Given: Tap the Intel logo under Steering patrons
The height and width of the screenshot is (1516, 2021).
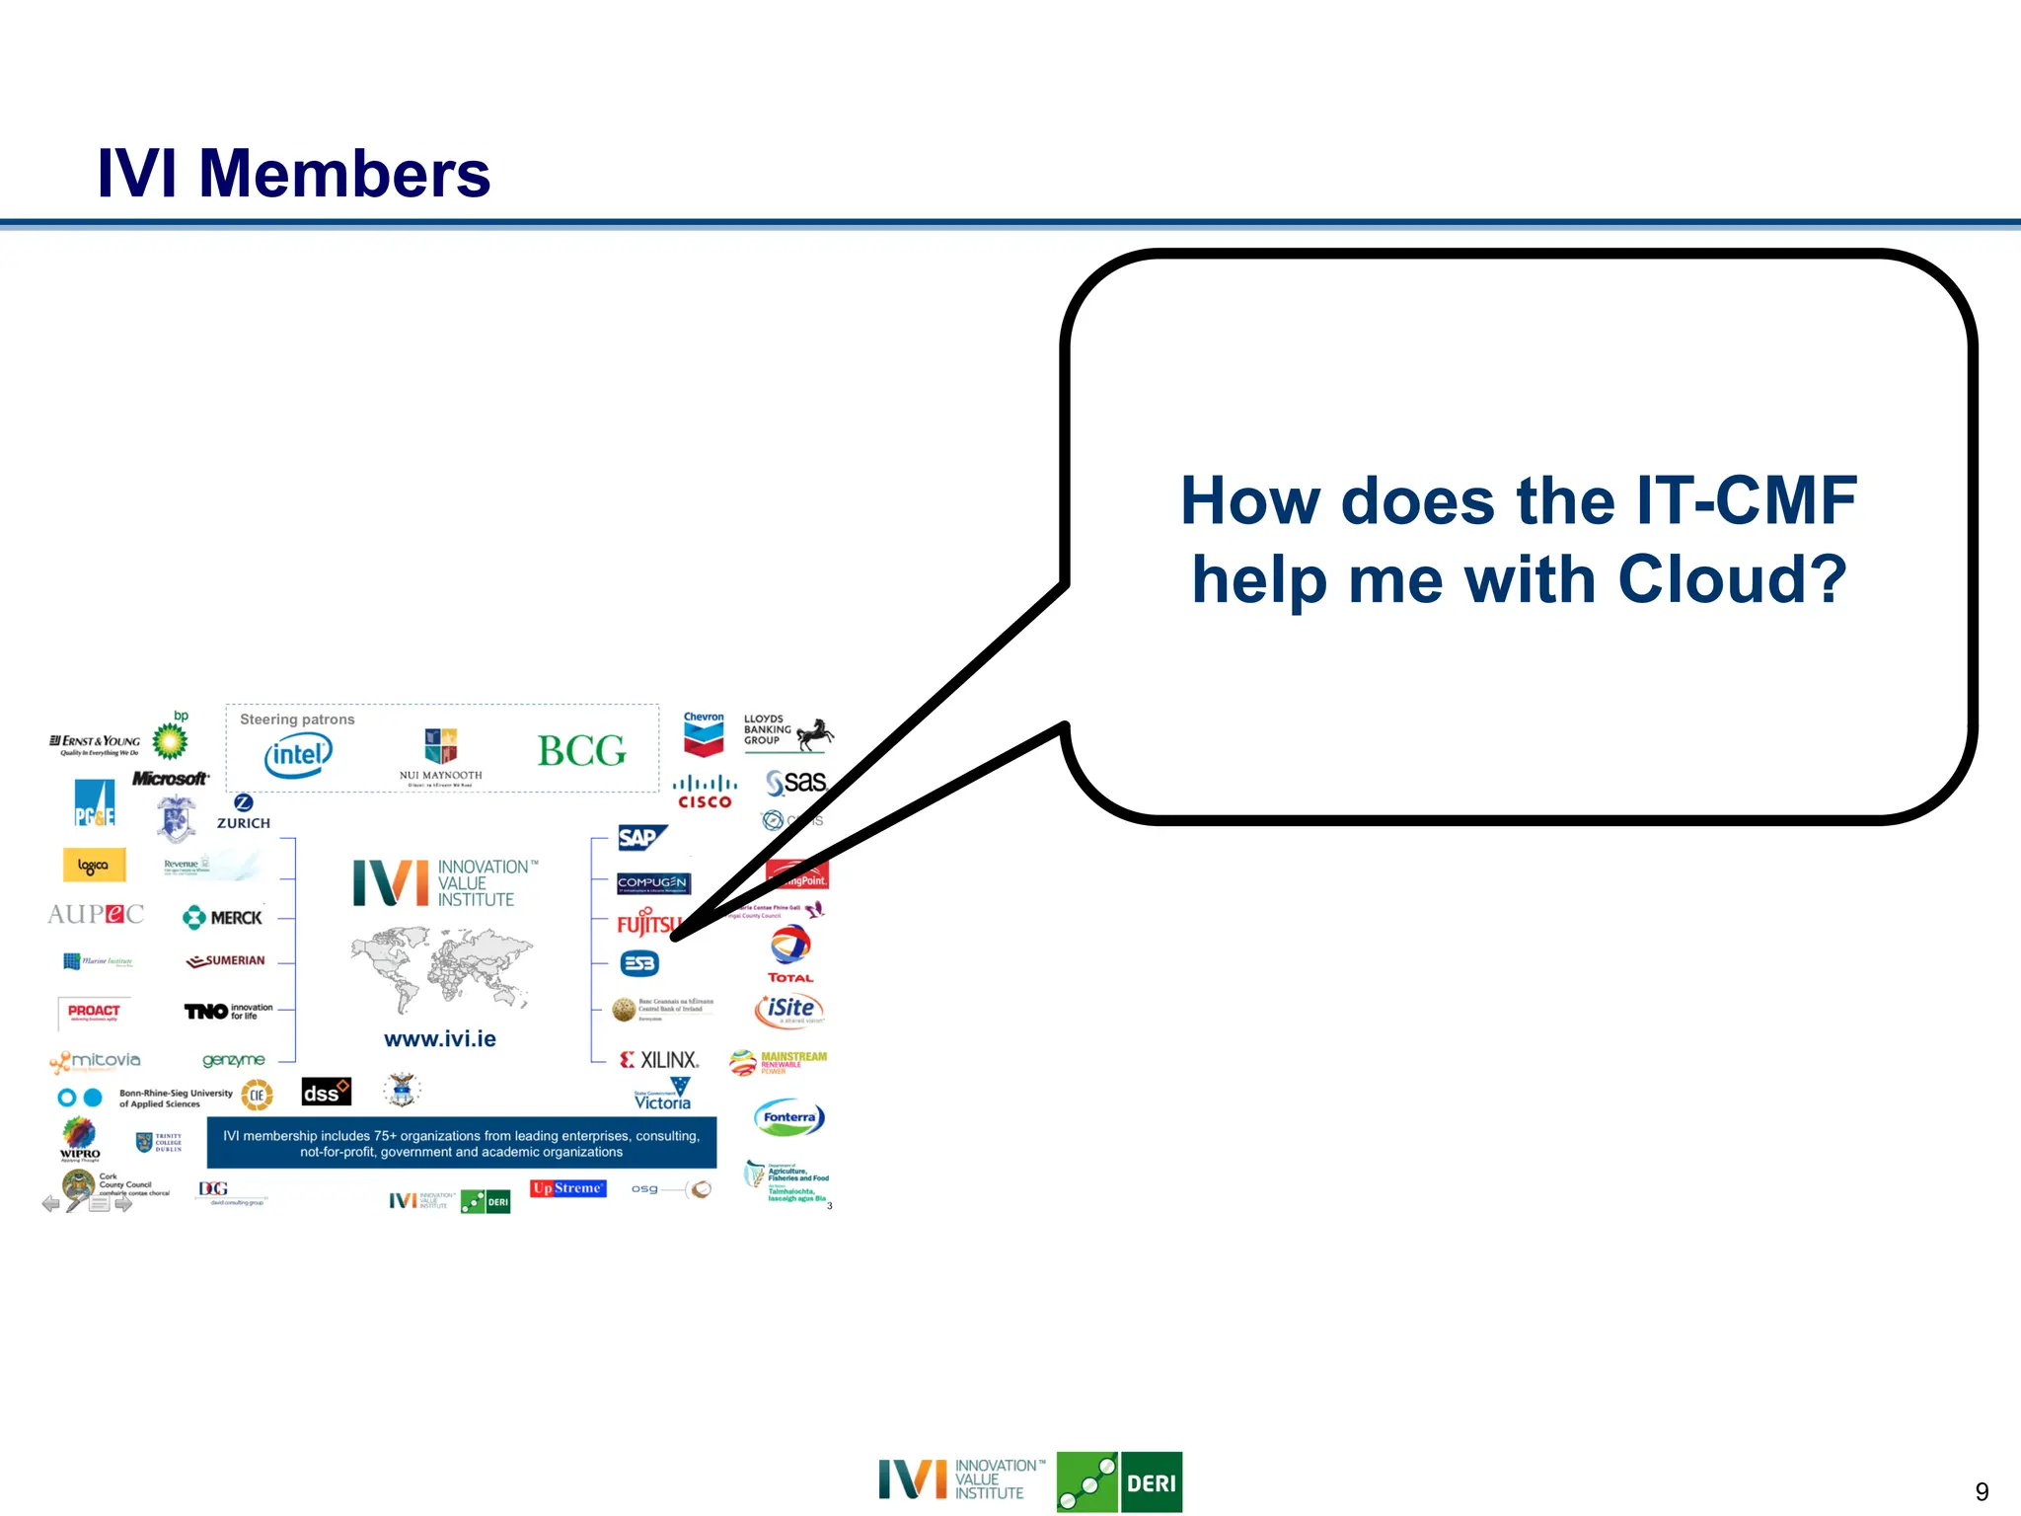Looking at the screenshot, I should point(298,756).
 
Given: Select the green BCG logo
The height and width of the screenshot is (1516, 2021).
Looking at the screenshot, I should point(581,752).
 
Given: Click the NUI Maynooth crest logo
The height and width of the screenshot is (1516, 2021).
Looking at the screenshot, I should point(440,749).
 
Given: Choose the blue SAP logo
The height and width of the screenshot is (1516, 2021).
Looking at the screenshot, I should point(640,838).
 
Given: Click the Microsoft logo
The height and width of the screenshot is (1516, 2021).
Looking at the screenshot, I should point(170,779).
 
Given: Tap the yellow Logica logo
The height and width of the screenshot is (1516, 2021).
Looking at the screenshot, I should point(94,866).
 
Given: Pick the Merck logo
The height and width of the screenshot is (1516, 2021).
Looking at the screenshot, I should point(223,918).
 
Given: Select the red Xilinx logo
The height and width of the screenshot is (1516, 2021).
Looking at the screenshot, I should point(659,1060).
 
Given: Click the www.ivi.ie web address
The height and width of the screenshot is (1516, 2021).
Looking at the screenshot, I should point(440,1038).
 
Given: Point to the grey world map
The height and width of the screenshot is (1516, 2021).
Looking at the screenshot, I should point(440,967).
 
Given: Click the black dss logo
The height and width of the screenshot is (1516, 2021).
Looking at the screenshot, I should point(326,1093).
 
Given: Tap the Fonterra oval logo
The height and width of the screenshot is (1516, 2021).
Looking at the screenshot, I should point(788,1118).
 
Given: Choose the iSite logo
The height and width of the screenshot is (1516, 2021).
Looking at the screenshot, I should point(789,1009).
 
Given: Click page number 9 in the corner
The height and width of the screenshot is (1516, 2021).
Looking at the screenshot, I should point(1982,1491).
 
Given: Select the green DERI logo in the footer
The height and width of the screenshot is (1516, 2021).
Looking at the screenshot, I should point(1120,1482).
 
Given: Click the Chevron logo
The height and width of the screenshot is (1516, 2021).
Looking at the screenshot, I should point(704,734).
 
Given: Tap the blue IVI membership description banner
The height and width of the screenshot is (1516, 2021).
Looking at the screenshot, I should point(461,1143).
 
